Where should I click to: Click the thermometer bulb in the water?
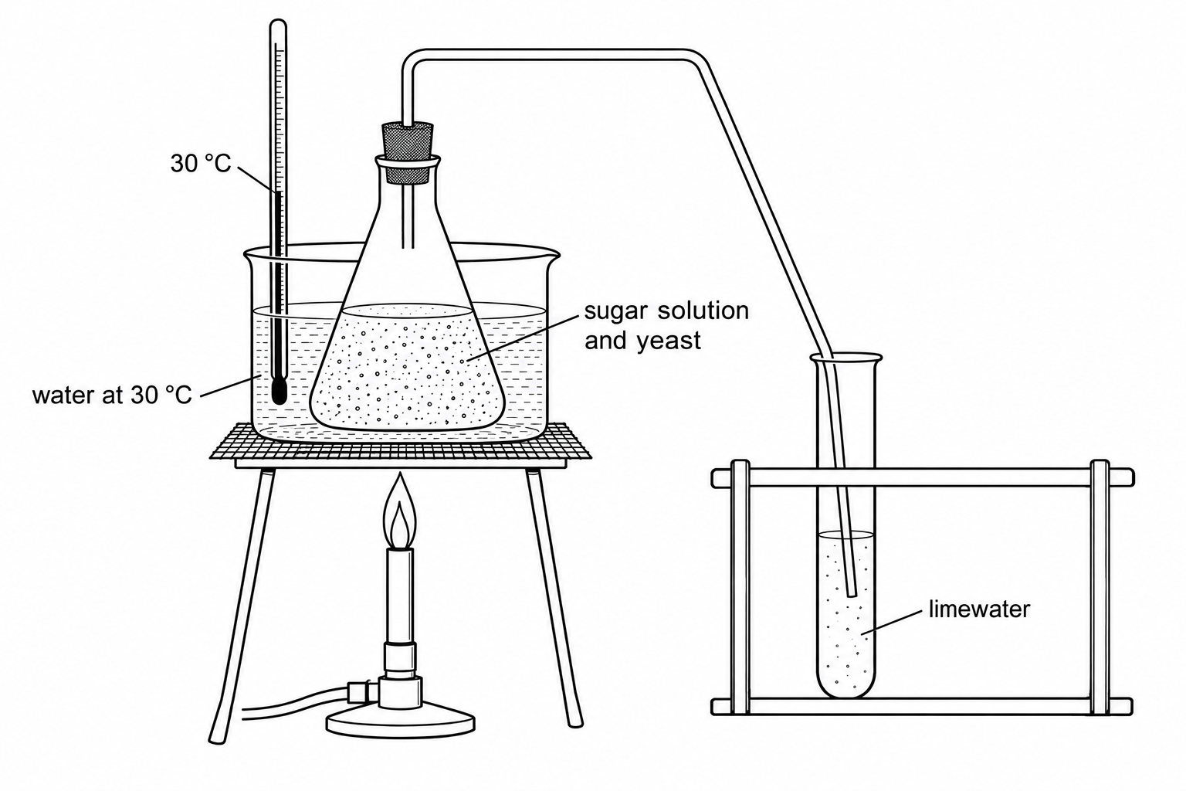279,390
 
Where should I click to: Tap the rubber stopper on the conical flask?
407,153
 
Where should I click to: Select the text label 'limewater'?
979,609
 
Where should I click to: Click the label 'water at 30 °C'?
112,395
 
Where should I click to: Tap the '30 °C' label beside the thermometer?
201,164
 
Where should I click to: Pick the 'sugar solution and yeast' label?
666,325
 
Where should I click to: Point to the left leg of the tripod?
241,605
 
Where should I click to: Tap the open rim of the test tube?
845,358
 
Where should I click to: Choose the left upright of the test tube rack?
740,588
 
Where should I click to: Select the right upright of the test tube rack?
1100,588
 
